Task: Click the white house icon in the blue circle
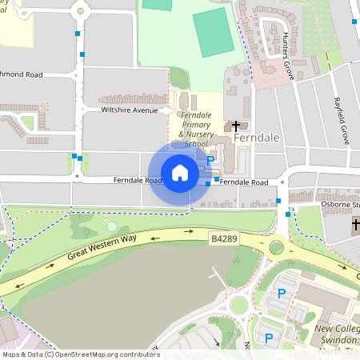(180, 173)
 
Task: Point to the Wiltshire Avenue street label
(130, 110)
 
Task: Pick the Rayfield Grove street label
(342, 120)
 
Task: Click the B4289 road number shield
(226, 238)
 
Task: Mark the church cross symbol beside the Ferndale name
(236, 126)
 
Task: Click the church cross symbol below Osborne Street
(356, 226)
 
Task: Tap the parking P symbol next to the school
(210, 161)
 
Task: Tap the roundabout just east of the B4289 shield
(276, 247)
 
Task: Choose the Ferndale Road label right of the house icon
(244, 182)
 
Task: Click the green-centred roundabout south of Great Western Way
(238, 305)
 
